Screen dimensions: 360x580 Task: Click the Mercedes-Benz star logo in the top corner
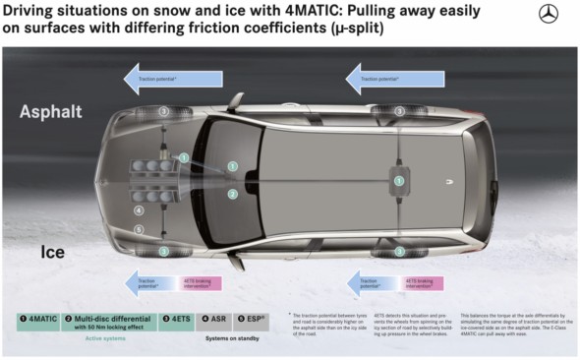coord(548,14)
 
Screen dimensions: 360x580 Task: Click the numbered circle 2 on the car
coord(233,194)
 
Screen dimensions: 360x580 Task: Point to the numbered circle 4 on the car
coord(139,210)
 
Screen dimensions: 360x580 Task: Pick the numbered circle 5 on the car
coord(139,229)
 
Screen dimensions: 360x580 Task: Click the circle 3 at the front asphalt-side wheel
coord(164,112)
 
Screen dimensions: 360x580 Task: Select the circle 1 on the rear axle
coord(398,180)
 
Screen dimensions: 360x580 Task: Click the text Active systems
coord(107,339)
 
